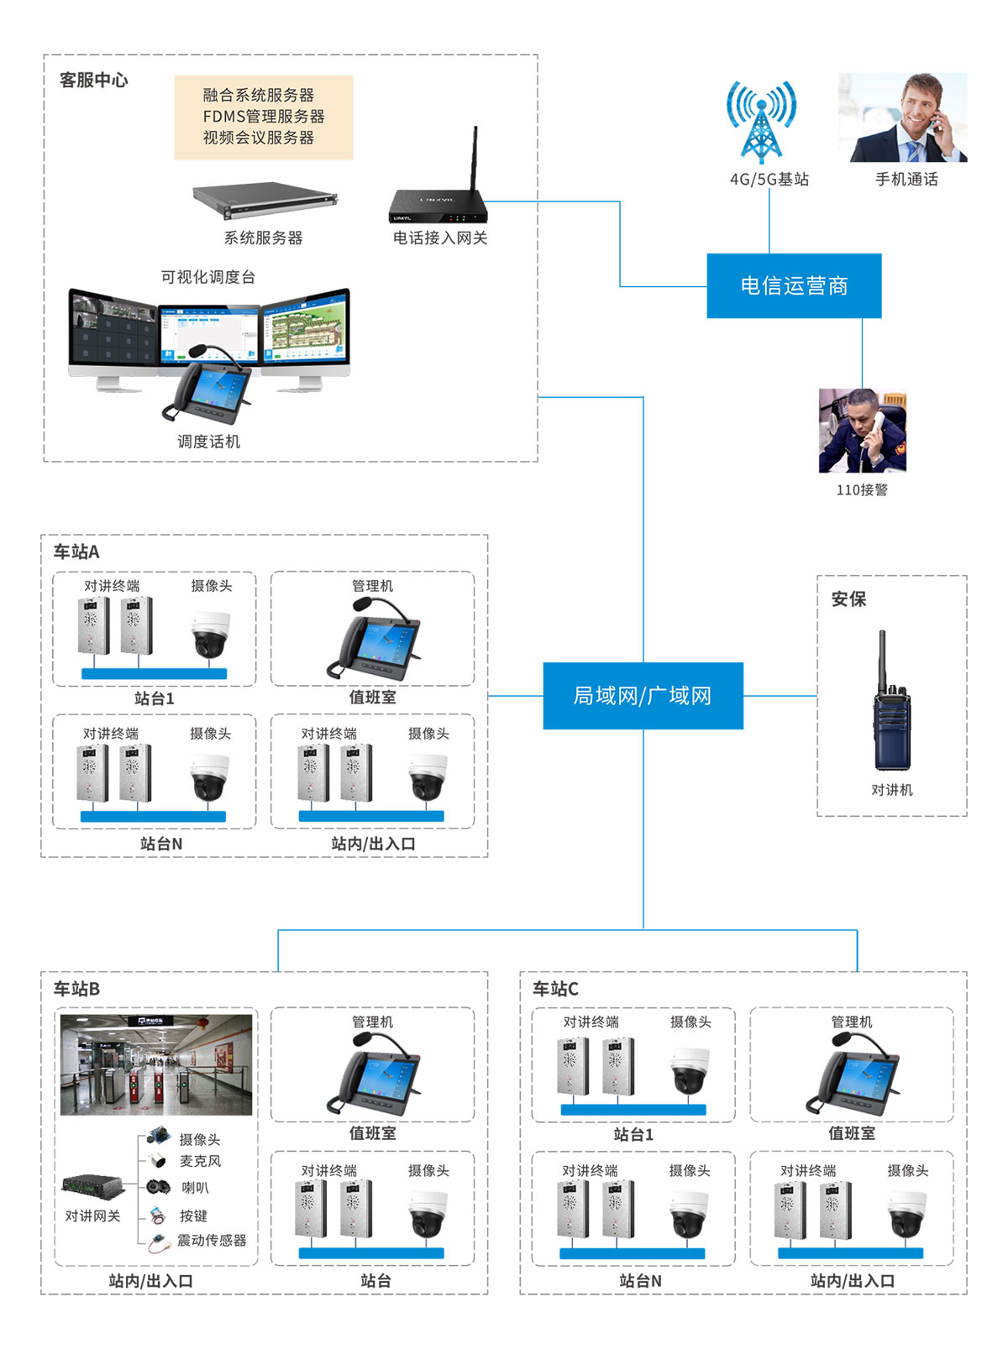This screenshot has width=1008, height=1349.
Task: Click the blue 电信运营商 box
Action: pos(794,285)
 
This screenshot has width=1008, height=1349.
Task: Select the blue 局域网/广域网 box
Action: pos(643,695)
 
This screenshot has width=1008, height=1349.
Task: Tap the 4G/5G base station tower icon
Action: pos(761,123)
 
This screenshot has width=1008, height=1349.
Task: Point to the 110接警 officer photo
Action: pos(862,431)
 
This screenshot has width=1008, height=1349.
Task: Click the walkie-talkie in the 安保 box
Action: pos(891,705)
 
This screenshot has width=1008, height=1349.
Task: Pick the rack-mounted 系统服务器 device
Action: pos(264,200)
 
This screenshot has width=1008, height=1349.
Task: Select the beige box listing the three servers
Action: pos(264,118)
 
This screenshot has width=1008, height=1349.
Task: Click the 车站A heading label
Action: pos(76,552)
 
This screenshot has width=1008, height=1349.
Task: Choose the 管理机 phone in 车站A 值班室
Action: pos(373,638)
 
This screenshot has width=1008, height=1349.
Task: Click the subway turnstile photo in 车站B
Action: pos(156,1064)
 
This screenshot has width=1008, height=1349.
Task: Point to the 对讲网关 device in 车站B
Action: pos(93,1186)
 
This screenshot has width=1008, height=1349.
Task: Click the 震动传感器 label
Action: pos(212,1240)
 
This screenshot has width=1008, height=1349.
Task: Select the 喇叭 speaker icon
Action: pos(158,1187)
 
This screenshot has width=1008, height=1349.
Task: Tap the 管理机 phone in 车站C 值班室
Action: pos(852,1074)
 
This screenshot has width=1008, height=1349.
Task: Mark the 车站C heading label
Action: pos(555,989)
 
